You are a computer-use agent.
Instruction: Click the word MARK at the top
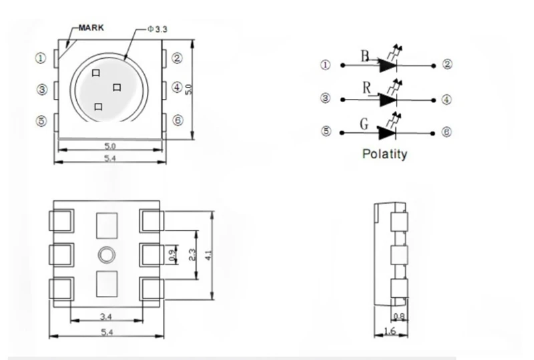tap(91, 27)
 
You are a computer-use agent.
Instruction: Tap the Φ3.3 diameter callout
tap(158, 29)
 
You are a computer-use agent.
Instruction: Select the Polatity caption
tap(384, 154)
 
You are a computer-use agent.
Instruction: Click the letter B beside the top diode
tap(365, 56)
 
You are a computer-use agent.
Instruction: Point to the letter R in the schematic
tap(366, 88)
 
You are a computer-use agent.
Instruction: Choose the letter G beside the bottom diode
tap(364, 124)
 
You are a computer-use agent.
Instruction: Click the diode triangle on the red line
tap(388, 100)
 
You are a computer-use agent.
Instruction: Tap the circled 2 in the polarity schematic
tap(447, 64)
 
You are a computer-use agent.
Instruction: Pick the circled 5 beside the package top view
tap(41, 121)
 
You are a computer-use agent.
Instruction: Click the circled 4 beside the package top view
tap(177, 87)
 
